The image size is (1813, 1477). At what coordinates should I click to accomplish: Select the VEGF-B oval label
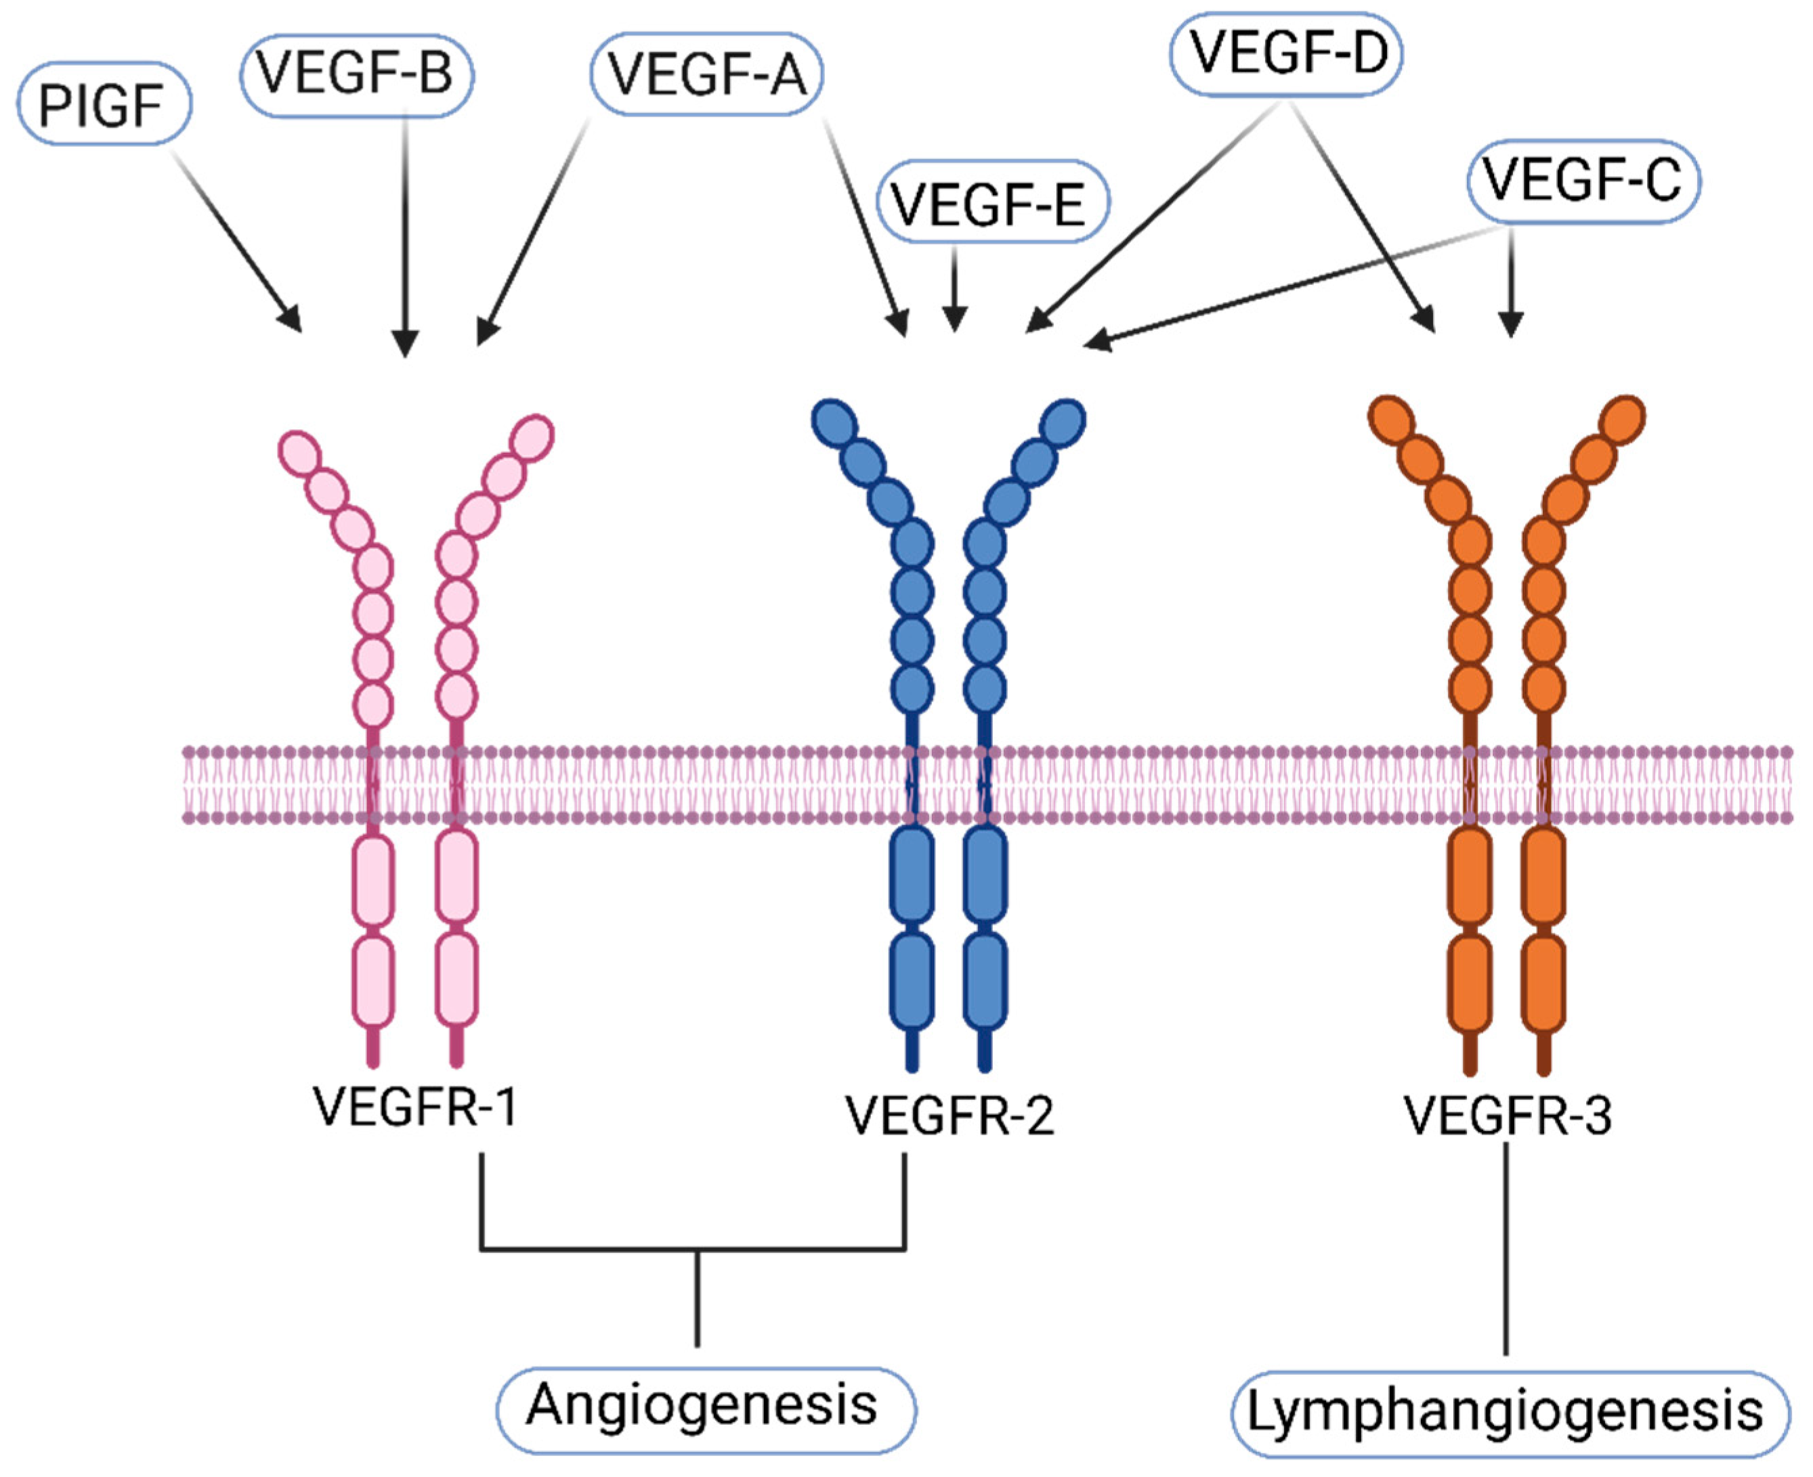coord(355,73)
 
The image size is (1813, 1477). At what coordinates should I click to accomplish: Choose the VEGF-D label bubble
coord(1285,53)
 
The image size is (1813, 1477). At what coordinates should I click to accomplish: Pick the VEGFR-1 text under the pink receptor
coord(414,1107)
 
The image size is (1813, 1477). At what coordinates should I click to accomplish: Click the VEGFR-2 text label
coord(949,1116)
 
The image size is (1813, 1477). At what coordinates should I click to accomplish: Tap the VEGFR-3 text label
coord(1507,1116)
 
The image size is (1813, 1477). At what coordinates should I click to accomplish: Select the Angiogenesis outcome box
coord(705,1405)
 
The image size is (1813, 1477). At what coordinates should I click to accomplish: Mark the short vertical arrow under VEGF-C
coord(1511,281)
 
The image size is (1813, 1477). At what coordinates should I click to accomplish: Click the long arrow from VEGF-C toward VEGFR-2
coord(1294,286)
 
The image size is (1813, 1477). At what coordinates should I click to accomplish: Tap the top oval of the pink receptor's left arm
coord(299,451)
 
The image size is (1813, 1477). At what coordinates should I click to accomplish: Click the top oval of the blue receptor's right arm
coord(1062,421)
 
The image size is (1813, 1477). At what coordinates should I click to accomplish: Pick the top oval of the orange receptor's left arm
coord(1391,420)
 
